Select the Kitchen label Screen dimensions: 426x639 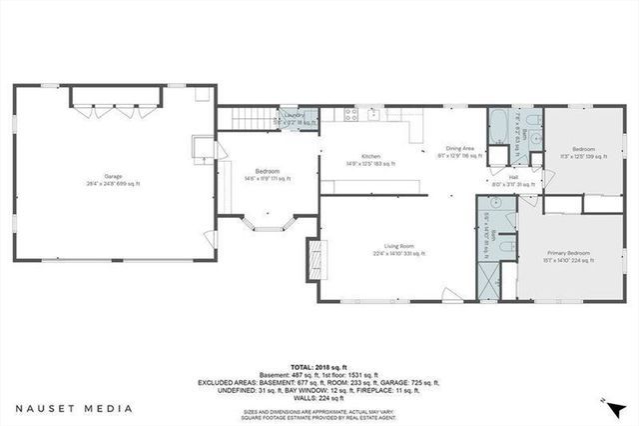click(x=370, y=158)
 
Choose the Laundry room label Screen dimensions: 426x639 click(x=294, y=117)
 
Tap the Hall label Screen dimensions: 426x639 click(x=512, y=179)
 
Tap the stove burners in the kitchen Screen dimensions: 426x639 click(x=351, y=116)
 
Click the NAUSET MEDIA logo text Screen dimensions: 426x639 click(x=74, y=408)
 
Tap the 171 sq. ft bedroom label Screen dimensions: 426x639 click(x=267, y=174)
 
